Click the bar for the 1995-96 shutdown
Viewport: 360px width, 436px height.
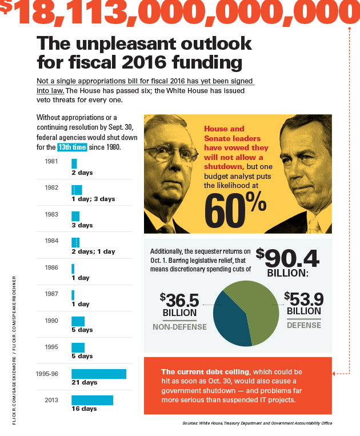click(98, 374)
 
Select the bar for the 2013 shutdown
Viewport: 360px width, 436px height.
click(92, 400)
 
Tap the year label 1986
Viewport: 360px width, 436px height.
click(51, 267)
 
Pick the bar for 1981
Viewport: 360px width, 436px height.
click(74, 163)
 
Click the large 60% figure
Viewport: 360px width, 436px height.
click(234, 211)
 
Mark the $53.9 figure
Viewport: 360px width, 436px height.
click(304, 299)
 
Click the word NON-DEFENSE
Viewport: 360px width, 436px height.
click(179, 326)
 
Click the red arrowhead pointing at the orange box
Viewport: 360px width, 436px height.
click(334, 374)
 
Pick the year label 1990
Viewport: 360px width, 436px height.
click(51, 321)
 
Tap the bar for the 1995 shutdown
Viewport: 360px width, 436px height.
click(78, 347)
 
